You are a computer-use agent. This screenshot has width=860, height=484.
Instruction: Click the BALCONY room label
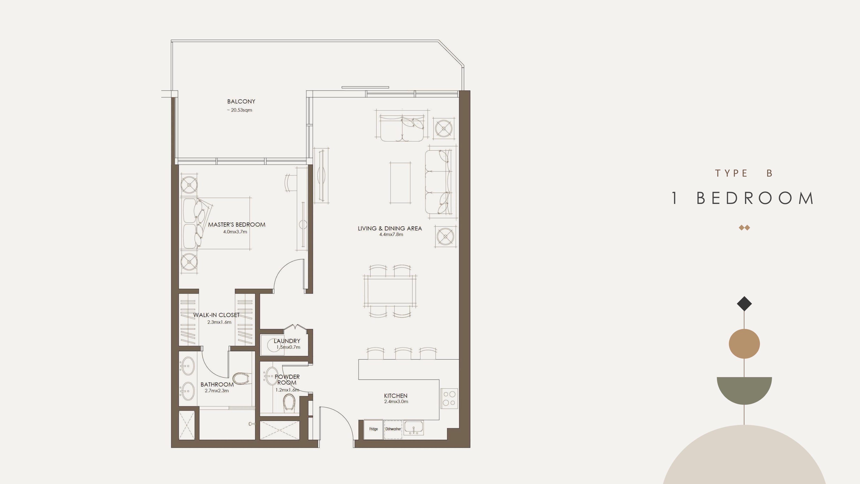point(241,101)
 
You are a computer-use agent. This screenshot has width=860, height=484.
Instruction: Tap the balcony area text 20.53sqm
point(241,110)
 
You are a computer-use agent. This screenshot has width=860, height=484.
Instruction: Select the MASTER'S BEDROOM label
point(237,224)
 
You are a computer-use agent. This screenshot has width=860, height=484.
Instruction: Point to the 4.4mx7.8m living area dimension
point(391,234)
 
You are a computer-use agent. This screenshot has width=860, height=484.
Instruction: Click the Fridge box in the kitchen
point(373,429)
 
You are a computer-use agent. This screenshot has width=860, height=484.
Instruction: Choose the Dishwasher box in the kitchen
point(393,429)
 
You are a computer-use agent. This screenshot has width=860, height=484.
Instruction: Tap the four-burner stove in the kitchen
point(449,398)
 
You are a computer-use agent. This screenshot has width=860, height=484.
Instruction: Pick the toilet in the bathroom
point(241,378)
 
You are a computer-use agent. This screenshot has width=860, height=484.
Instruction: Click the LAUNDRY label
point(287,341)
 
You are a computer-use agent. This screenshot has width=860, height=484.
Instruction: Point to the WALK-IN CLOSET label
point(216,315)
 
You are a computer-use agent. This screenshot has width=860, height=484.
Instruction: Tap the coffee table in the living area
point(400,183)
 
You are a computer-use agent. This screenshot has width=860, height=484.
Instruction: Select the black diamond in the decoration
point(744,304)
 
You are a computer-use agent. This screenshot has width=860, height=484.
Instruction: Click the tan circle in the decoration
point(744,344)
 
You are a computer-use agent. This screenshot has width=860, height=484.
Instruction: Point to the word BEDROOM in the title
point(755,198)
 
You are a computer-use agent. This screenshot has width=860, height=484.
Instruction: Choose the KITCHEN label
point(396,396)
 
